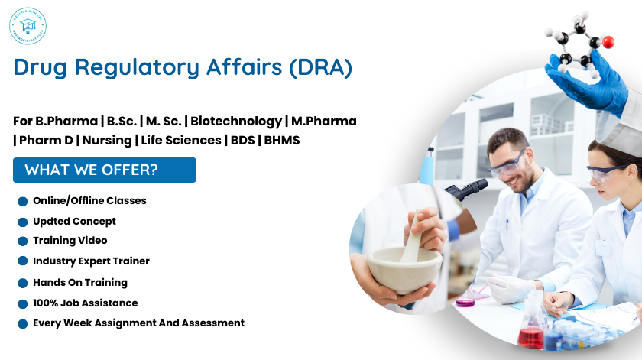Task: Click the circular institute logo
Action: (28, 28)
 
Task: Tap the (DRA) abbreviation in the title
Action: (320, 67)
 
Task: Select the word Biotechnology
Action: (236, 122)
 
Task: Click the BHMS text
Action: (282, 140)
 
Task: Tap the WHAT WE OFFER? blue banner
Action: (105, 170)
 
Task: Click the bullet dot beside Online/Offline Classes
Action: (23, 202)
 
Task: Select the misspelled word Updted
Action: (50, 221)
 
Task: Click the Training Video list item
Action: (70, 240)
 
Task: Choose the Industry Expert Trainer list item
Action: (91, 261)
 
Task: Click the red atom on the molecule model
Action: (608, 42)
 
